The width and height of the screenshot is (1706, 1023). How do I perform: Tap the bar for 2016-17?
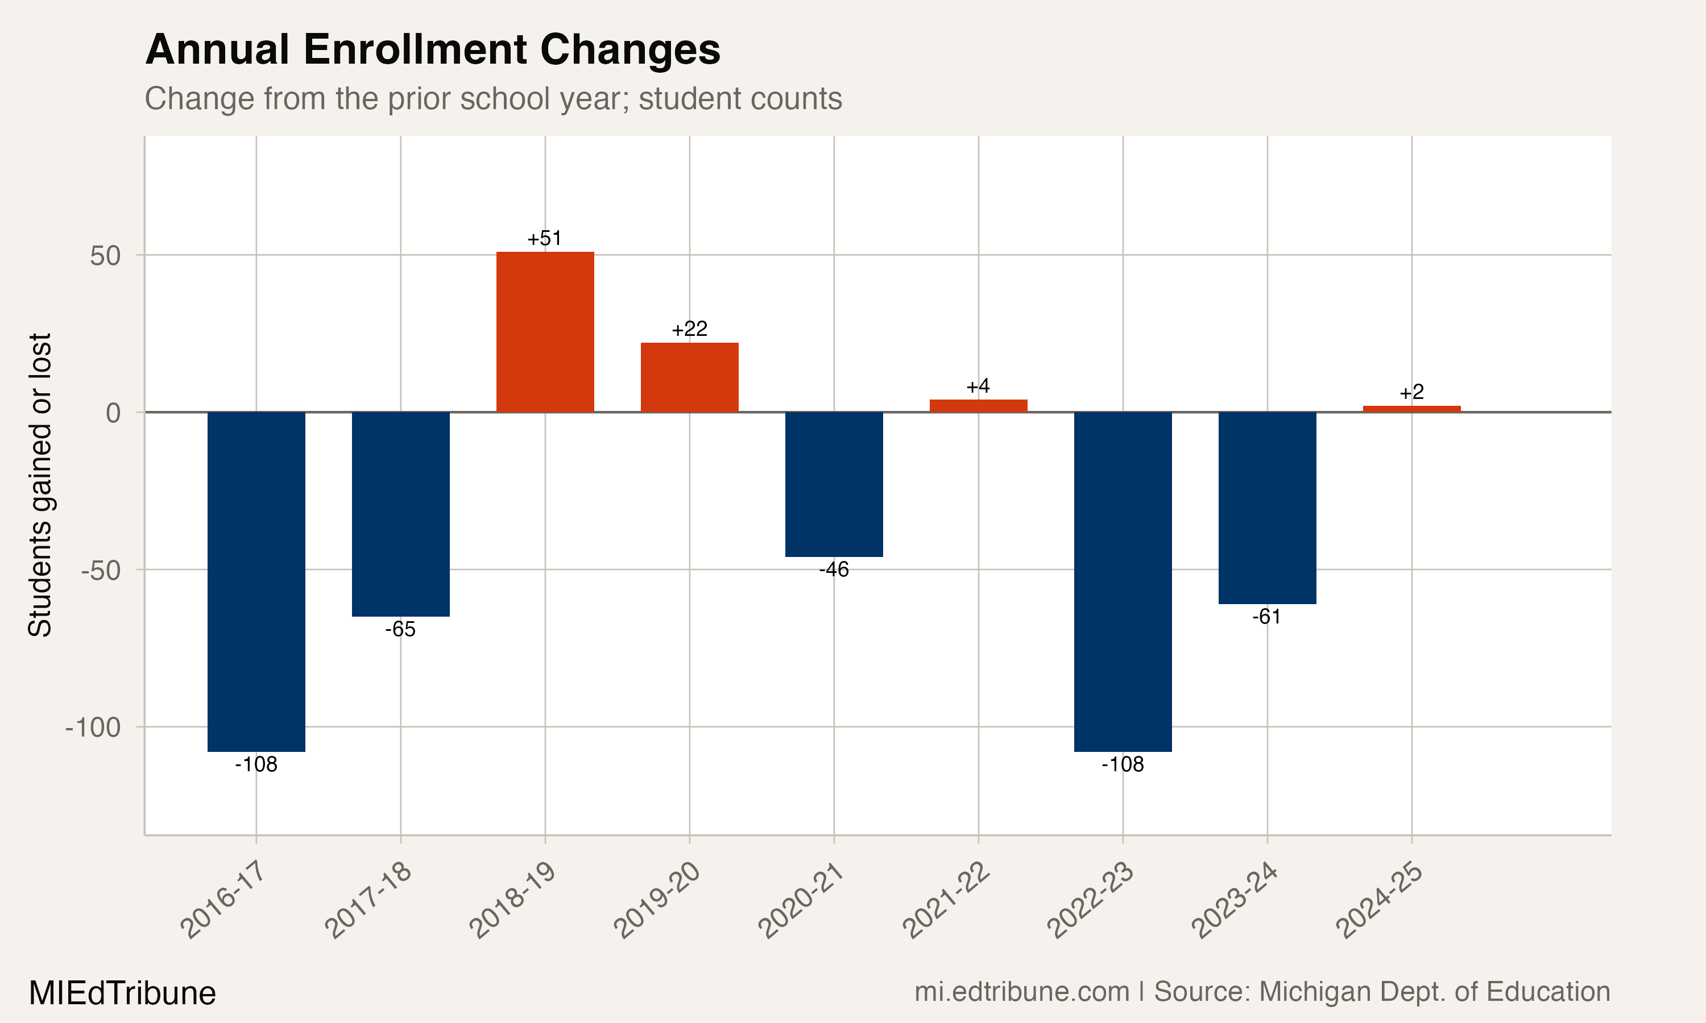pyautogui.click(x=256, y=582)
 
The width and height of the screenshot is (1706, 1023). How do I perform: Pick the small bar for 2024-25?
pyautogui.click(x=1411, y=409)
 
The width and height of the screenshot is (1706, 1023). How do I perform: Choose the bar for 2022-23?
pyautogui.click(x=1123, y=582)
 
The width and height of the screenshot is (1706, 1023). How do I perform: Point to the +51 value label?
pyautogui.click(x=545, y=239)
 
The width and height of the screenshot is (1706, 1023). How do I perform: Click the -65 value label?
pyautogui.click(x=401, y=629)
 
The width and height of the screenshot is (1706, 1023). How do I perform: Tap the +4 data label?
pyautogui.click(x=978, y=386)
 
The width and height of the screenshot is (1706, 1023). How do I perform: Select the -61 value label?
pyautogui.click(x=1267, y=617)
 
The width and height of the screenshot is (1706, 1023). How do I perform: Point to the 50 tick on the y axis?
pyautogui.click(x=106, y=256)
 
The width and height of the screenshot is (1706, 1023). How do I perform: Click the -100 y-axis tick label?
pyautogui.click(x=93, y=727)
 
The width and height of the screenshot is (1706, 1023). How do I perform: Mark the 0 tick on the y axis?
pyautogui.click(x=113, y=413)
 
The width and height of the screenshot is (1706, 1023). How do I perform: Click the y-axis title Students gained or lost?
pyautogui.click(x=40, y=485)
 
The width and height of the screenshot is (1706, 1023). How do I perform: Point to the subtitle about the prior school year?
pyautogui.click(x=493, y=98)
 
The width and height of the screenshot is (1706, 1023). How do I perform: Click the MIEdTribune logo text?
pyautogui.click(x=122, y=993)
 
